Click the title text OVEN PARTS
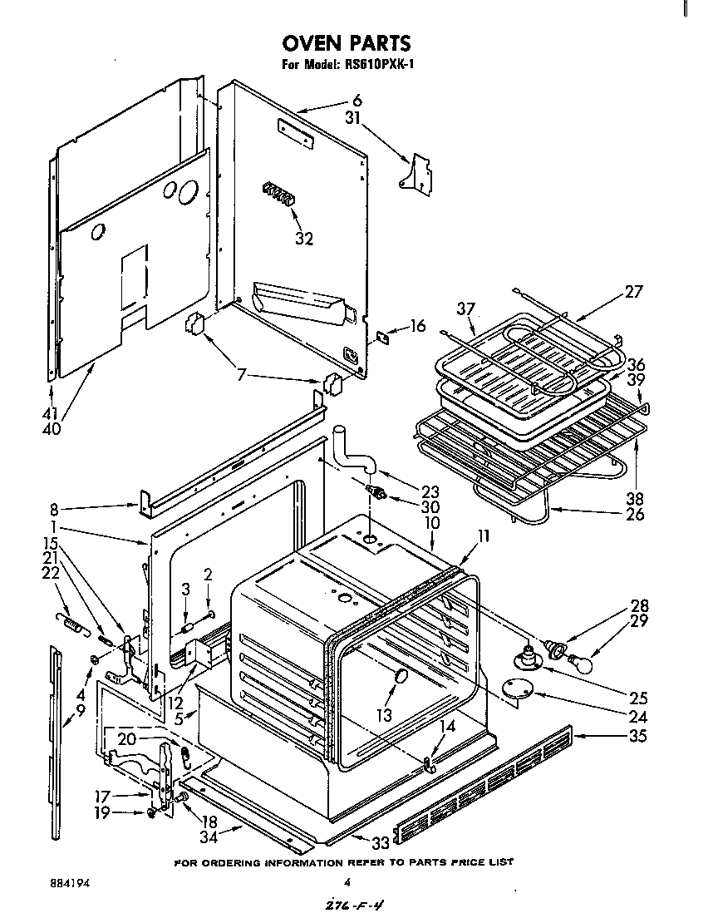pos(347,42)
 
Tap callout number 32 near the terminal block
pos(304,239)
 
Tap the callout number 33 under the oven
pos(357,841)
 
